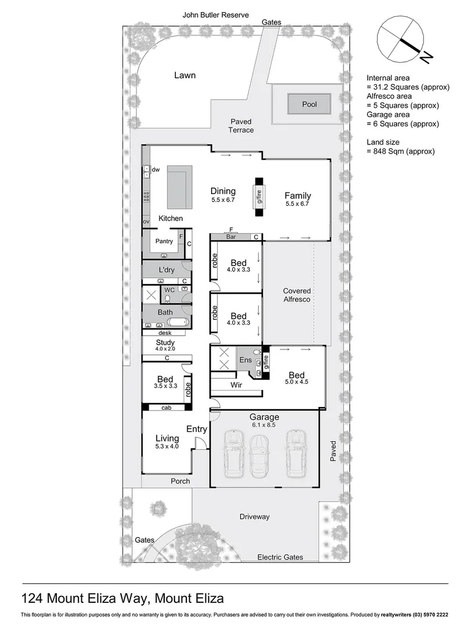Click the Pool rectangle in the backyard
tap(309, 105)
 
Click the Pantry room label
tap(164, 241)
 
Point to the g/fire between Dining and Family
tap(259, 196)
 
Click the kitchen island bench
tap(180, 187)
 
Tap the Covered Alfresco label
tap(297, 295)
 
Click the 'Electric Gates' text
tap(280, 557)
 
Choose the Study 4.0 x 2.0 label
tap(165, 346)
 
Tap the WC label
tap(169, 290)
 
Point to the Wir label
tap(236, 384)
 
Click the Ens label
tap(245, 360)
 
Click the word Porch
tap(180, 481)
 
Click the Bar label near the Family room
tap(231, 237)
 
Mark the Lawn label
tap(185, 75)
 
